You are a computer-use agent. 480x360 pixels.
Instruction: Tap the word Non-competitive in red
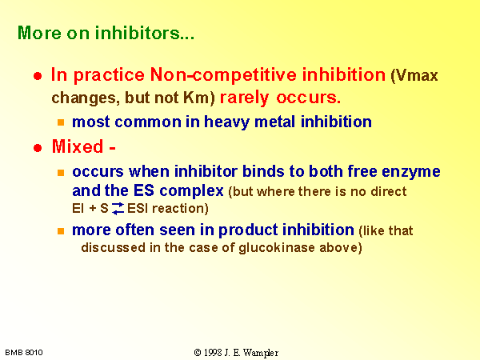[223, 74]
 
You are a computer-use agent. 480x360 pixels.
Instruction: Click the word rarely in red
[244, 98]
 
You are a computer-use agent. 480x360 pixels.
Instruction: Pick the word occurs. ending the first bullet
[308, 98]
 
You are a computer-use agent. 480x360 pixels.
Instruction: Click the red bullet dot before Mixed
[38, 148]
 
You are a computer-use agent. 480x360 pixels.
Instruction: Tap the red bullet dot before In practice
[38, 76]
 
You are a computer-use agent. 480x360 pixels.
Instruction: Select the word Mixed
[78, 146]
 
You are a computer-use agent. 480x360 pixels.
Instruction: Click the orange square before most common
[61, 122]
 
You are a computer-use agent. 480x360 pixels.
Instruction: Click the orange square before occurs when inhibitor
[61, 173]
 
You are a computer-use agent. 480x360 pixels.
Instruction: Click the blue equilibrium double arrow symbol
[118, 209]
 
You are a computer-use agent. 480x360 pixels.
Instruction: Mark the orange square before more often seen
[61, 231]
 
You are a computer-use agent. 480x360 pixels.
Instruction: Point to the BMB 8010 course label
[24, 353]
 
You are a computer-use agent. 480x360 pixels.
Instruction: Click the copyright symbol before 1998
[198, 353]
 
